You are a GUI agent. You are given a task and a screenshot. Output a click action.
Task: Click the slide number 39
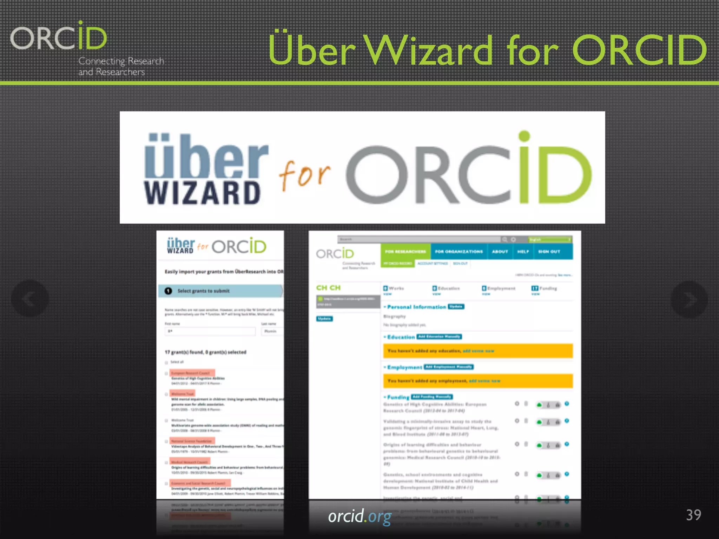693,515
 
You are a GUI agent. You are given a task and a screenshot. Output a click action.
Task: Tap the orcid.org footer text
359,517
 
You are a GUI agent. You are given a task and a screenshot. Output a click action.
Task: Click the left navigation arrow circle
30,299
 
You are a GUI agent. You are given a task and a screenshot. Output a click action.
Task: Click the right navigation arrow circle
689,299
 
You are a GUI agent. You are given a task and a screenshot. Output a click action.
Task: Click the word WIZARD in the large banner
202,193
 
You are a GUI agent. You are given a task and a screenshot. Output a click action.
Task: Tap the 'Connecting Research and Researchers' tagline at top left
121,66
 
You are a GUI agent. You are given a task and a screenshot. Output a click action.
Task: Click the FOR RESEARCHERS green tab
405,252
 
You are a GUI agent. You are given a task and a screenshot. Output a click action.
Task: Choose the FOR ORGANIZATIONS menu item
459,252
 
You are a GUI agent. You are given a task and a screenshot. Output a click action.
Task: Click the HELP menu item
523,252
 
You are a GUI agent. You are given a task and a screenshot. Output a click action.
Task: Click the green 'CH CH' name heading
328,288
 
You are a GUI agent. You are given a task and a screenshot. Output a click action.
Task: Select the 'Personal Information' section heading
416,307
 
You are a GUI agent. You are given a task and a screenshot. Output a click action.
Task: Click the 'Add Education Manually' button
439,337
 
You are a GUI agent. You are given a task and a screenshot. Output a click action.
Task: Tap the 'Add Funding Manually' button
432,397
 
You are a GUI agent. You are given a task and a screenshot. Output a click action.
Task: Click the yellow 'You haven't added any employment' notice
477,381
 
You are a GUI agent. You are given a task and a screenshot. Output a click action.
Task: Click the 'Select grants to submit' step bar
220,291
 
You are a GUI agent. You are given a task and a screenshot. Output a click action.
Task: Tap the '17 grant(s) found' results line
205,352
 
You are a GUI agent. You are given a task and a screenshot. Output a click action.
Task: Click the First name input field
210,331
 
